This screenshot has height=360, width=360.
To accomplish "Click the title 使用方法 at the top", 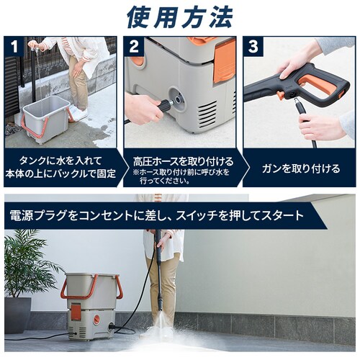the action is (179, 17).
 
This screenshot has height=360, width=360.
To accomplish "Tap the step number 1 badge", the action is (14, 46).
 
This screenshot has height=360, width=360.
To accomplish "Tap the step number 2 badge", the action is (134, 46).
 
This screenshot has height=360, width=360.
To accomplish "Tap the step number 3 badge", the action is (253, 46).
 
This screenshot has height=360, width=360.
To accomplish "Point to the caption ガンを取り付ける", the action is (301, 168).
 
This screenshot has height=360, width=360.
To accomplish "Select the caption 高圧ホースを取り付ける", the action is (184, 161).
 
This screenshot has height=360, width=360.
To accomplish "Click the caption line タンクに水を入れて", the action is (60, 161).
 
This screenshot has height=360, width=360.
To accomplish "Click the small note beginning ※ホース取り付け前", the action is (181, 176).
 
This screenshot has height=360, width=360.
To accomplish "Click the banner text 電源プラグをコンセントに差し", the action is (89, 215).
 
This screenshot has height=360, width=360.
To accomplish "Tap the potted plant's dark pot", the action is (17, 315).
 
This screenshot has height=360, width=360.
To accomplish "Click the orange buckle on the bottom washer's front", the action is (76, 310).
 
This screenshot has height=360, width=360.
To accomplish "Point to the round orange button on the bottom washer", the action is (96, 319).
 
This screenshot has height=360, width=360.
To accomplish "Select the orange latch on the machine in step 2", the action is (224, 60).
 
